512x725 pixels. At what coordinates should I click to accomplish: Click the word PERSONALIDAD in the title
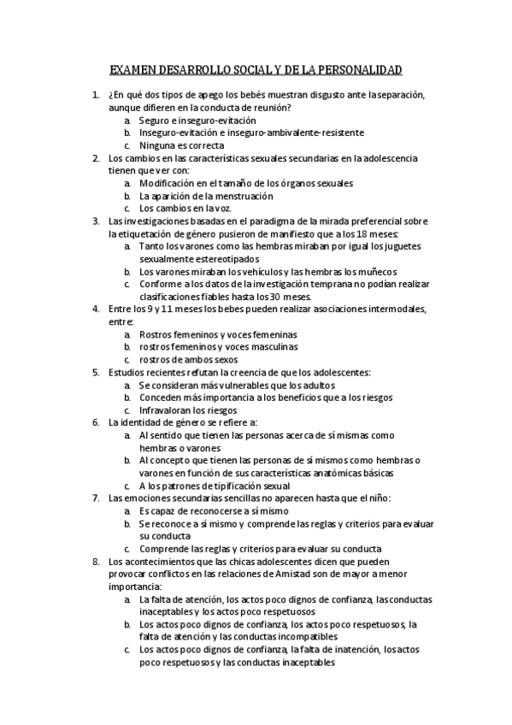358,70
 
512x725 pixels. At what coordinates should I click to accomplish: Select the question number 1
95,95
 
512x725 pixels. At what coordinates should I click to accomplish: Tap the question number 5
95,373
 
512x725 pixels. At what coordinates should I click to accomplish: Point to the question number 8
95,563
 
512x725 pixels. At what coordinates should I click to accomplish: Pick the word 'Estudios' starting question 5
128,373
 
